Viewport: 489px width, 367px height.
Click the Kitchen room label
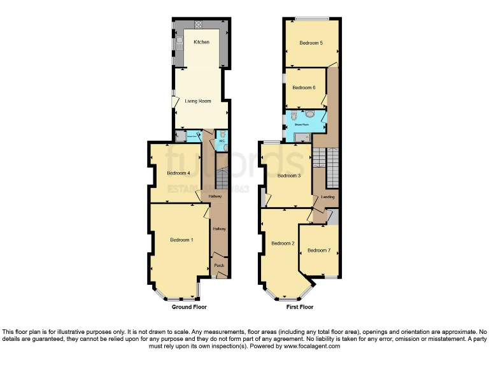pos(202,42)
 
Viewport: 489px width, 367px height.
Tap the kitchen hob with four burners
pos(198,25)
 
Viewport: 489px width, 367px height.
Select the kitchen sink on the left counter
pos(180,44)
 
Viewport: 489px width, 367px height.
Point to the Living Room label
pos(198,101)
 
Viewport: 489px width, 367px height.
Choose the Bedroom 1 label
pos(181,240)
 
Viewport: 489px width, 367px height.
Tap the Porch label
pos(219,265)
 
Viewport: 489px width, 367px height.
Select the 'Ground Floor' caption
pos(189,307)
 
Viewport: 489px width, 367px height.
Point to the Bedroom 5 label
pos(311,43)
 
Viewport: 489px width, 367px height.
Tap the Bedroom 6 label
pos(304,87)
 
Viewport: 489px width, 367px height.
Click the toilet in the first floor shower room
pos(310,115)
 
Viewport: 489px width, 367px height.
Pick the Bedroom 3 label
pos(290,175)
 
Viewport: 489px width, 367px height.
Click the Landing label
pos(328,197)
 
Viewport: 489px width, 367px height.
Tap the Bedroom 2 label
pos(283,243)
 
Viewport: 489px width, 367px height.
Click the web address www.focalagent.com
pos(311,347)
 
